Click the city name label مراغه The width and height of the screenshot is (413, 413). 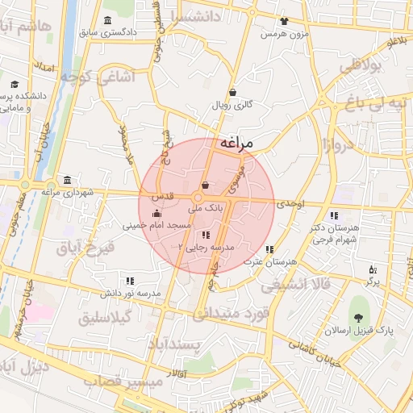point(236,142)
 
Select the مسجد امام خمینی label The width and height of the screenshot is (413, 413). point(156,227)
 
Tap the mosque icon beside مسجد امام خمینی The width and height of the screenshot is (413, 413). point(156,213)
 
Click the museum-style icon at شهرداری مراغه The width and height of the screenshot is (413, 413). point(66,179)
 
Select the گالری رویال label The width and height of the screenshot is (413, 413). point(232,105)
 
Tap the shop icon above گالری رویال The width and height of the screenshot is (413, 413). point(232,91)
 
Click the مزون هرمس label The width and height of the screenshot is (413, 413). point(283,35)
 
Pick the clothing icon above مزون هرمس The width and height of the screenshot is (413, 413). point(283,22)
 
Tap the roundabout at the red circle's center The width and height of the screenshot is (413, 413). point(198,198)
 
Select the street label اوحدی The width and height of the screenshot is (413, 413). point(292,206)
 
